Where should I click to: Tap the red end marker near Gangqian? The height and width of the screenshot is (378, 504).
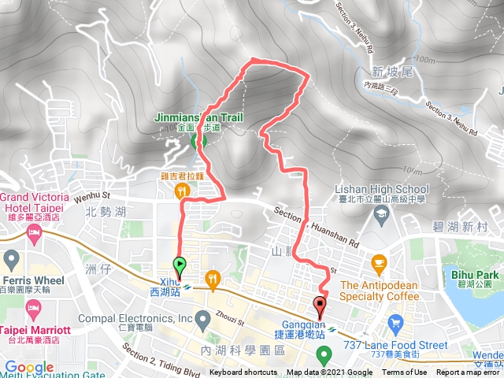coord(320,306)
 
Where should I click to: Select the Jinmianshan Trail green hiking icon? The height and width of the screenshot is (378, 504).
coord(198,140)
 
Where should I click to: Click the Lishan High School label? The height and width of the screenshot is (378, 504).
coord(382,189)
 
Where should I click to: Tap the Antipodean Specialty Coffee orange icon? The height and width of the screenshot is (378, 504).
coord(379,262)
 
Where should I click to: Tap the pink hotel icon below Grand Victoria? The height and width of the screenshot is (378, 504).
coord(34,232)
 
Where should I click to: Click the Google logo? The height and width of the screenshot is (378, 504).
coord(28,367)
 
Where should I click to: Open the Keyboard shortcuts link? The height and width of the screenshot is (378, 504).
coord(243,372)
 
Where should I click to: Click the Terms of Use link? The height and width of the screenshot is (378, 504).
coord(405,372)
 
